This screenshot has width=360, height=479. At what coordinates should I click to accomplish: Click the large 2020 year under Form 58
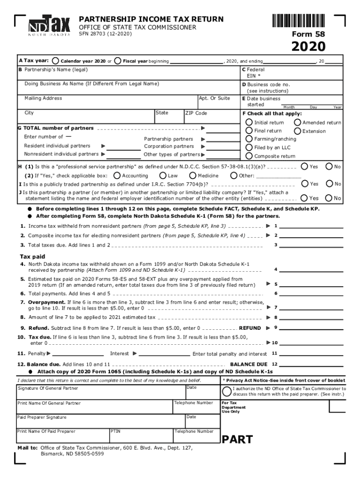[309, 47]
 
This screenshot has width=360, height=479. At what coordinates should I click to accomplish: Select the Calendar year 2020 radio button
[56, 61]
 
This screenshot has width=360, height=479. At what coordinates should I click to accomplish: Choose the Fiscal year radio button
[118, 61]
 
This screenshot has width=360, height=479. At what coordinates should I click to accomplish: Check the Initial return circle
[249, 123]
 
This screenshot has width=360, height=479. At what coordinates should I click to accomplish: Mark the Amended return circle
[297, 123]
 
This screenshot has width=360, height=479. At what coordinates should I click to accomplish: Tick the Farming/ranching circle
[249, 139]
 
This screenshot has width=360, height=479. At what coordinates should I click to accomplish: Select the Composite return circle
[249, 156]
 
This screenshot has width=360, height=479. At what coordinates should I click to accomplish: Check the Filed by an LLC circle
[249, 147]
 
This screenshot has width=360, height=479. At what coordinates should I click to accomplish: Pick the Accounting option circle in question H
[117, 176]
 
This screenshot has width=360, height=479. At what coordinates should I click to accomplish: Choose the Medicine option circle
[193, 176]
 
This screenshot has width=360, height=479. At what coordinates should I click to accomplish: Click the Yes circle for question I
[305, 184]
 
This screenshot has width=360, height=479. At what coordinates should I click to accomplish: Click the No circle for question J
[329, 198]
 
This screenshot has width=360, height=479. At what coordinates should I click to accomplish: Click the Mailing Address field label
[43, 98]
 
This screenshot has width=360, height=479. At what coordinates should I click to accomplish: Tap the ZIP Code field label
[196, 113]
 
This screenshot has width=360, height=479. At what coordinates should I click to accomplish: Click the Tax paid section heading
[32, 256]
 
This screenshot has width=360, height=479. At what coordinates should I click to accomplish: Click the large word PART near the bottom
[237, 440]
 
